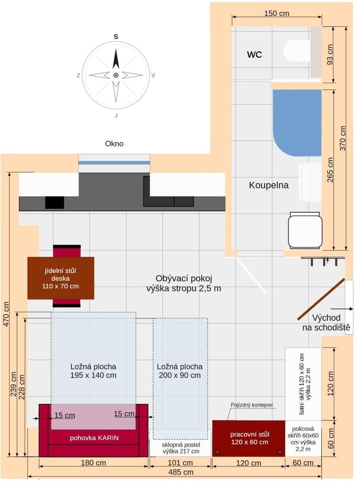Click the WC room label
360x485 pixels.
pos(255,55)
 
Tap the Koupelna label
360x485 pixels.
pos(269,186)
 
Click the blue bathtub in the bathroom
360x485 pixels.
pos(297,121)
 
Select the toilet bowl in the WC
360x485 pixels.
pos(296,51)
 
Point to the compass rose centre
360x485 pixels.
pos(116,75)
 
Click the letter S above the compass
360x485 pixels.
pos(116,37)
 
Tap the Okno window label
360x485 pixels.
pos(114,143)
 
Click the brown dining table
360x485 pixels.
pos(61,278)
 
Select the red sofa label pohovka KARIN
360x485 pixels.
pos(95,438)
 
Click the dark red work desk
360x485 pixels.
pos(249,438)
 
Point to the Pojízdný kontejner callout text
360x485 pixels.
pos(252,405)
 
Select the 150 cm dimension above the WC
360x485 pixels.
pos(277,13)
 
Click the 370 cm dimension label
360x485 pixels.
pos(343,139)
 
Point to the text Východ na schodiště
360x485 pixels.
pos(326,323)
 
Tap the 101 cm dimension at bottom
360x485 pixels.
pos(180,463)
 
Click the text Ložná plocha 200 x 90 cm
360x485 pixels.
pos(180,371)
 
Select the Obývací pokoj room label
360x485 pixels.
pos(184,283)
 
